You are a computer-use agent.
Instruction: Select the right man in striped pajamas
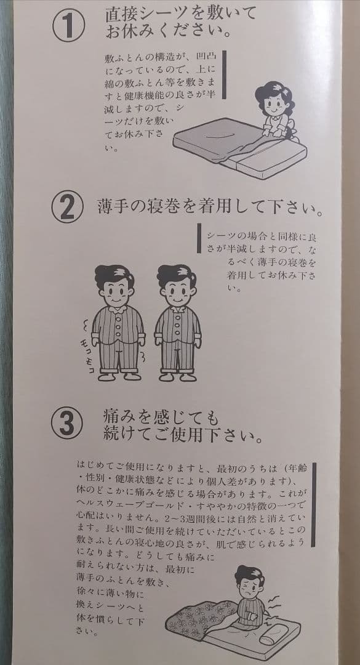(x=177, y=323)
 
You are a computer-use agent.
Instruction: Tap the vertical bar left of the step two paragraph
(x=199, y=237)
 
